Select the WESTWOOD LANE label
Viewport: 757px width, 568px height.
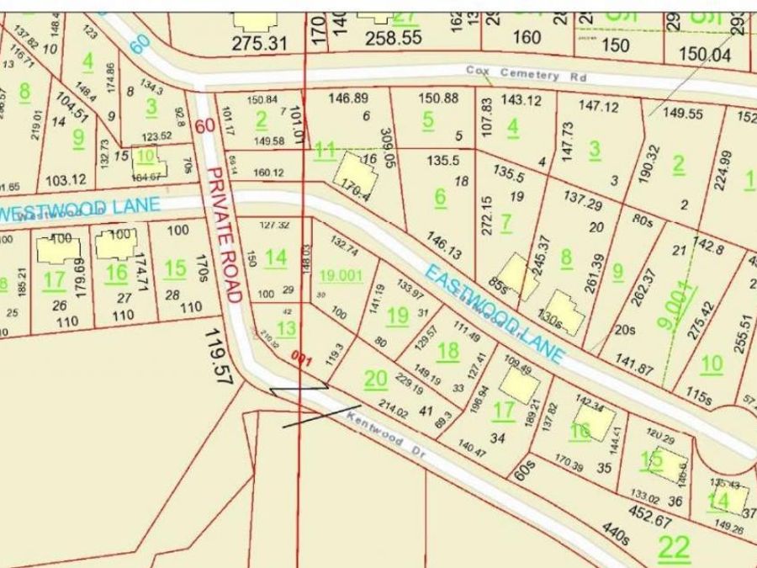coord(65,209)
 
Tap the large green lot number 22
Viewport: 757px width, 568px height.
coord(674,548)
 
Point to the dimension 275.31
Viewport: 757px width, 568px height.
coord(261,40)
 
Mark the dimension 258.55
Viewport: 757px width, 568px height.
coord(394,38)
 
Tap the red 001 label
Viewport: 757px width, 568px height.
coord(302,360)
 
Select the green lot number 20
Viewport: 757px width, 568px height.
coord(375,380)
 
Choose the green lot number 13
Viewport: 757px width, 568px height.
coord(286,329)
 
